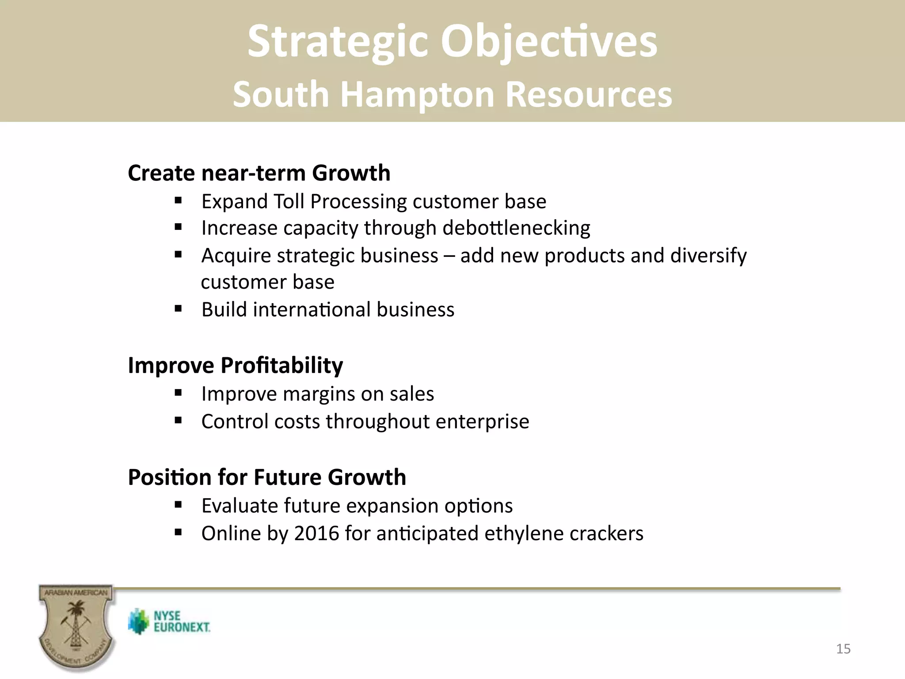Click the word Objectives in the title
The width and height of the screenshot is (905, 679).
pos(549,42)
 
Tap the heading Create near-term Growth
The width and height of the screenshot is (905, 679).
pos(259,173)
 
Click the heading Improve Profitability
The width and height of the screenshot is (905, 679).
pos(235,366)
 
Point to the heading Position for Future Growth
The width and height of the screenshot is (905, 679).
pos(267,477)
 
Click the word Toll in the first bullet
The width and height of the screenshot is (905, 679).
pos(289,202)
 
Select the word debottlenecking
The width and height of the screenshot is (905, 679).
pos(516,229)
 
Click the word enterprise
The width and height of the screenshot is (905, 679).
pos(482,421)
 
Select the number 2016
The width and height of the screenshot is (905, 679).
pos(316,533)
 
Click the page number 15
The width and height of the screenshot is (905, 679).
pos(843,649)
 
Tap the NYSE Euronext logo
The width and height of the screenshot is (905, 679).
pos(169,622)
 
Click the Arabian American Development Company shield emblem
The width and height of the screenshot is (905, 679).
pos(76,628)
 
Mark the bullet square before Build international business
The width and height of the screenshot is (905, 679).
pos(178,309)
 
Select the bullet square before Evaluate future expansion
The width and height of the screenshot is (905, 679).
pos(178,504)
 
